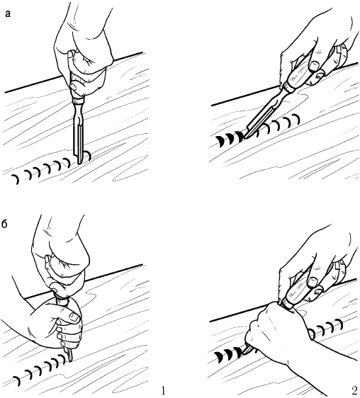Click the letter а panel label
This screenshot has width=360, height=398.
pyautogui.click(x=8, y=13)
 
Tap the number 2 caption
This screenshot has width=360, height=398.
pyautogui.click(x=355, y=391)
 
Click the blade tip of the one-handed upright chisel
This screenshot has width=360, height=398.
pyautogui.click(x=79, y=164)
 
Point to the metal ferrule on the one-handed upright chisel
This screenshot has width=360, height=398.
pyautogui.click(x=78, y=101)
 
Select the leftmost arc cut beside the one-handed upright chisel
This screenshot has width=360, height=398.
pyautogui.click(x=16, y=179)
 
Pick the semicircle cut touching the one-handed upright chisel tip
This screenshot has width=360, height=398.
pyautogui.click(x=88, y=155)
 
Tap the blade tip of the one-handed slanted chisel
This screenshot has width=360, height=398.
pyautogui.click(x=244, y=137)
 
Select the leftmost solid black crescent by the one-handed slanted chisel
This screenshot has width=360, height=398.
pyautogui.click(x=220, y=142)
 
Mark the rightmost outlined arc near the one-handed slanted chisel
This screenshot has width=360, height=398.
pyautogui.click(x=296, y=119)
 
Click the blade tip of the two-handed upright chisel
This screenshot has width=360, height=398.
pyautogui.click(x=70, y=360)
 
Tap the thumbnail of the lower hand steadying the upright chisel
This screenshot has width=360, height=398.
pyautogui.click(x=75, y=317)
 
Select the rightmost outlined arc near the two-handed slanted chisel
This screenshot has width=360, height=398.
pyautogui.click(x=340, y=325)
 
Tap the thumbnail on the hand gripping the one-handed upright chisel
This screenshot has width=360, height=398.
pyautogui.click(x=73, y=86)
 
